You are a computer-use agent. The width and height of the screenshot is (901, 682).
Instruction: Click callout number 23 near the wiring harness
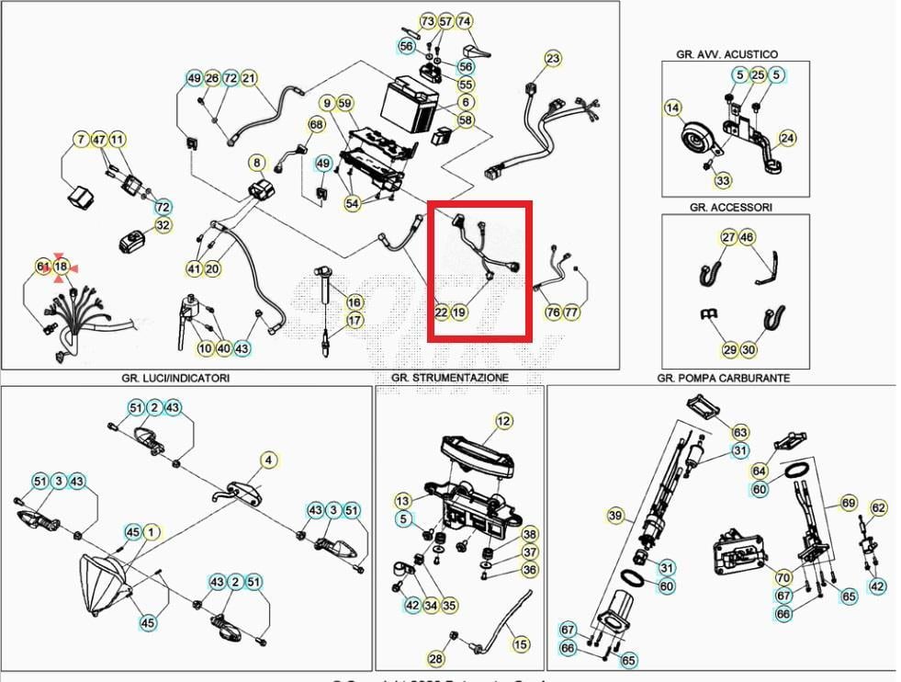pos(552,60)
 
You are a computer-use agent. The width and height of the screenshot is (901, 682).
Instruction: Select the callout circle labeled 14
pos(673,108)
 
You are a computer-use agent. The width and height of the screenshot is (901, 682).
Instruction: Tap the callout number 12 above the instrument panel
pos(503,421)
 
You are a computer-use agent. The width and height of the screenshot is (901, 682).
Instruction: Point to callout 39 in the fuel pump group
pos(615,515)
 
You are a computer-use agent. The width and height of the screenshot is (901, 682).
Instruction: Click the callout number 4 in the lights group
pos(268,460)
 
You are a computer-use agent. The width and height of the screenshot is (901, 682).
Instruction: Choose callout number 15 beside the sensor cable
pos(521,644)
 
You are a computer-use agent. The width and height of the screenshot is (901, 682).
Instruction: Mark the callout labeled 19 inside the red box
pos(459,313)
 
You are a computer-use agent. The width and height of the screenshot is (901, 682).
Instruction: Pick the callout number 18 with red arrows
pos(61,267)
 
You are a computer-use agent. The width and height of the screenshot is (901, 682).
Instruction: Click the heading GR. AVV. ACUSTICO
pos(726,54)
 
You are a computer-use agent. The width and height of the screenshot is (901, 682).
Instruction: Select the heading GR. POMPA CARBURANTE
pos(723,377)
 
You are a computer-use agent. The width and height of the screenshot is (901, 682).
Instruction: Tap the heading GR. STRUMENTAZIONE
pos(449,377)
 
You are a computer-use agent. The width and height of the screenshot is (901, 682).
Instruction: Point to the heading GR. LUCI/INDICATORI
pos(175,377)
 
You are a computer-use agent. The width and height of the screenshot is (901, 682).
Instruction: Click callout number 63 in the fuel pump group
pos(740,432)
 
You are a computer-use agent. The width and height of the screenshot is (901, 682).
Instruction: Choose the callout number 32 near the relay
pos(163,224)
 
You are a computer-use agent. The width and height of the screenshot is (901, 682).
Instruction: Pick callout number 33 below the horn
pos(724,181)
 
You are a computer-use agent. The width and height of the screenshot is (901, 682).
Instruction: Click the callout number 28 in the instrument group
pos(436,658)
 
